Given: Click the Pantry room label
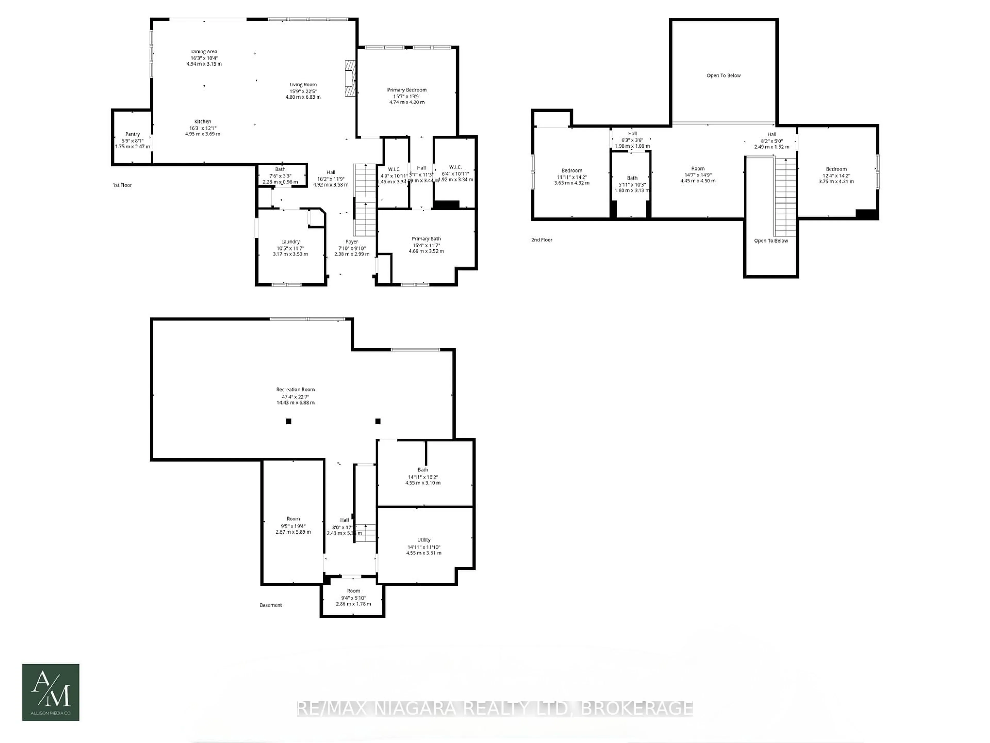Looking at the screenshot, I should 133,134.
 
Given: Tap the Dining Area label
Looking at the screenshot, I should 204,52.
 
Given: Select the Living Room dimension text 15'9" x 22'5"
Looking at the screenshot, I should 303,91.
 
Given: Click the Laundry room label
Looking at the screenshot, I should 290,241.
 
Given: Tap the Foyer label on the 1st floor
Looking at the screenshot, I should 352,241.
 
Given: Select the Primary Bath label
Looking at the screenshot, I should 426,239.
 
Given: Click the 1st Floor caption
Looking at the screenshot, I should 122,185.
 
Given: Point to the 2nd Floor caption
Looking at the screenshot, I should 542,240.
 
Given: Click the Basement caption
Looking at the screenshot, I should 271,605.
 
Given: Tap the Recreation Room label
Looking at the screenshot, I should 295,390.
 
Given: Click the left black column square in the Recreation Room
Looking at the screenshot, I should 289,421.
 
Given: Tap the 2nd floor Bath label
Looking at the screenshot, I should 632,178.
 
